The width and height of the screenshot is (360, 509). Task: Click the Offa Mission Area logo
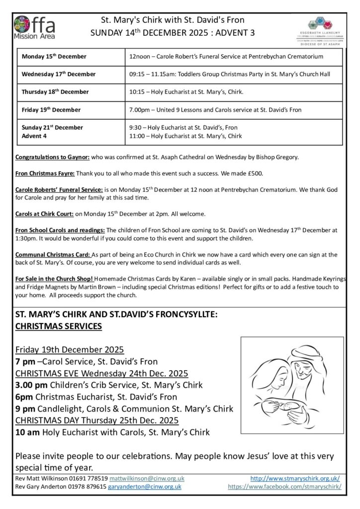click(35, 27)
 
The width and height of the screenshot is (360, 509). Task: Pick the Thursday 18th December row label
click(55, 92)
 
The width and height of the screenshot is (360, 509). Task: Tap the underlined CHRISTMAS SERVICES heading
click(59, 326)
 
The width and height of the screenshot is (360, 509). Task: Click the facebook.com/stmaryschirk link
click(284, 487)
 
